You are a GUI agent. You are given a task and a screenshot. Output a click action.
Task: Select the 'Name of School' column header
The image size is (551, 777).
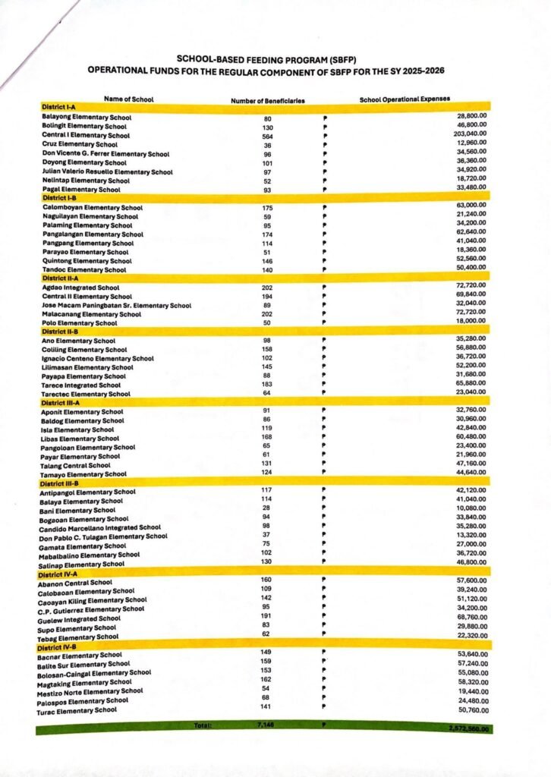(128, 99)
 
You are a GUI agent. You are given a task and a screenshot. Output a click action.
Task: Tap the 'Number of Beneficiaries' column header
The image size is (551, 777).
(268, 100)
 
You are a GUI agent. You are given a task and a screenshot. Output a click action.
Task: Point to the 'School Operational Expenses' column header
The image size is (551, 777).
(405, 99)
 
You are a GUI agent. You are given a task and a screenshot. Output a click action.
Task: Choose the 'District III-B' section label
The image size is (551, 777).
(60, 483)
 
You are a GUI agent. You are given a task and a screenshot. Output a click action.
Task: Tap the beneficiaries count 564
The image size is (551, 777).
(267, 137)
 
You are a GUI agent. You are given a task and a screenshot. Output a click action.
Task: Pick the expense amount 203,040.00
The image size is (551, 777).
(464, 133)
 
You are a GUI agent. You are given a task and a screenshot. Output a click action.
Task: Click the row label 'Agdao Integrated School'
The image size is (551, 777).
(81, 288)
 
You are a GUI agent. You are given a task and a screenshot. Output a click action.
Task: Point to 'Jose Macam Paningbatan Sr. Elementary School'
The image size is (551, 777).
(117, 305)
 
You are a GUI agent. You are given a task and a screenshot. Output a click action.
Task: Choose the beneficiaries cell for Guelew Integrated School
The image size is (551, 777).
(266, 616)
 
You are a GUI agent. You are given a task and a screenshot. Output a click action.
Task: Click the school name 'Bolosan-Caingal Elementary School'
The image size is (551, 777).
(94, 673)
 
